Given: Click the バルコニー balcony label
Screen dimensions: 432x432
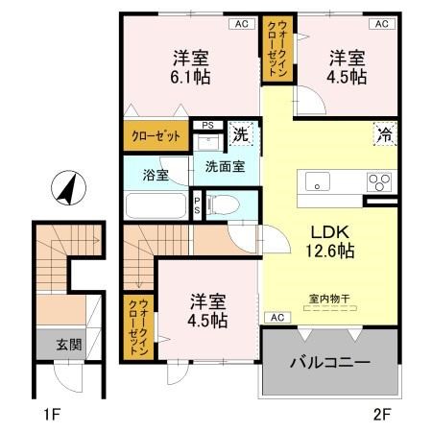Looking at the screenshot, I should point(330,363).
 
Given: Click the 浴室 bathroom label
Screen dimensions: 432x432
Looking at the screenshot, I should point(156,176).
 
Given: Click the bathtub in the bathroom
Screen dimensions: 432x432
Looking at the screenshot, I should point(156,206).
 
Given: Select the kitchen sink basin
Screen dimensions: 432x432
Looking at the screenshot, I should point(318,180).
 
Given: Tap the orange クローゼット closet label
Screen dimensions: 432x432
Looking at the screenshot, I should point(156,136).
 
